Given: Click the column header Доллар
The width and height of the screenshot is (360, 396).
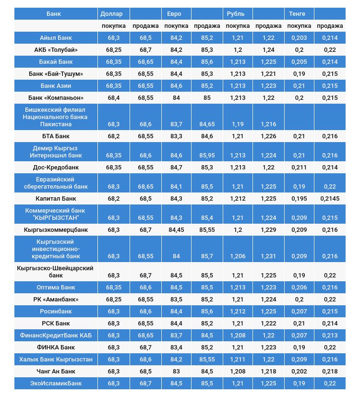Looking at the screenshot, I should point(111,13).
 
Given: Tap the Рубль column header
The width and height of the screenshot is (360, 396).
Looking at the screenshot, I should point(235,13).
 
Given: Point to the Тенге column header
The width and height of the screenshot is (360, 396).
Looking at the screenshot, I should point(297,13).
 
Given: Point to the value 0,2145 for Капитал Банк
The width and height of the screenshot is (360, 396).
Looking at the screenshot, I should point(330,199).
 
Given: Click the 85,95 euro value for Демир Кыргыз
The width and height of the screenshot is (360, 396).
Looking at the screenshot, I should point(206,156).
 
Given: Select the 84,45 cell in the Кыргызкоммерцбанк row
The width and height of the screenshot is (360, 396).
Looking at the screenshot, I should point(177,230).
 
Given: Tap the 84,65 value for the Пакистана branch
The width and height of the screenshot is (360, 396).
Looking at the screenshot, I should point(206,124).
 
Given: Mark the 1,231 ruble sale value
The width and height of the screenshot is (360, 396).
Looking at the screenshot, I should point(268,256).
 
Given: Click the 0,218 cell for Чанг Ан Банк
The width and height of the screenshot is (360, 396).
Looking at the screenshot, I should point(330,372).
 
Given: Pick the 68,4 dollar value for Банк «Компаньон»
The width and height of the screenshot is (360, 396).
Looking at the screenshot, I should point(114,98).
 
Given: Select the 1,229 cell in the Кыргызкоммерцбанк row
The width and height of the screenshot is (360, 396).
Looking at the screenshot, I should point(268,230).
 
